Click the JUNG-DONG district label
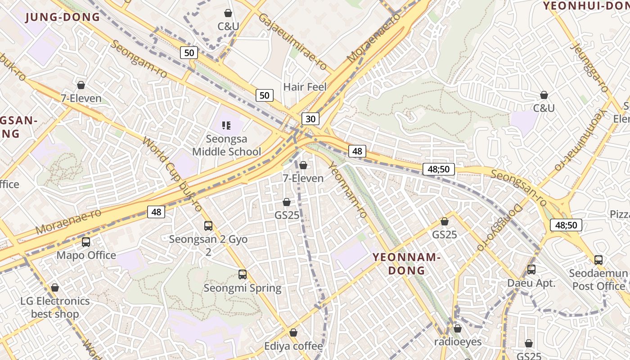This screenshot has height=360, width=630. [x=63, y=18]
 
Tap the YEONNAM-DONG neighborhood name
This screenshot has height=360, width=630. [x=406, y=264]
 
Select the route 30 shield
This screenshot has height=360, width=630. [x=310, y=118]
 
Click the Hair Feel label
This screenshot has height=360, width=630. [x=305, y=87]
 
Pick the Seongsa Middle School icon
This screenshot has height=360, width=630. [x=226, y=126]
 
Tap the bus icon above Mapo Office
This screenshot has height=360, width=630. [x=86, y=242]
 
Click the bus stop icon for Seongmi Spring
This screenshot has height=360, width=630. [x=243, y=274]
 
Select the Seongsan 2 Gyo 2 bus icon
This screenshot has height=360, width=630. [x=208, y=226]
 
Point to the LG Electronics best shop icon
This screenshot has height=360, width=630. [x=55, y=288]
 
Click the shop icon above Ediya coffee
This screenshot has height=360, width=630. [x=293, y=333]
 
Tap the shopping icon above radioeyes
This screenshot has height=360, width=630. [x=458, y=328]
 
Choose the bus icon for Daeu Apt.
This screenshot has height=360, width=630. [x=531, y=270]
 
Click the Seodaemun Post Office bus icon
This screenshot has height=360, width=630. [x=598, y=260]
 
